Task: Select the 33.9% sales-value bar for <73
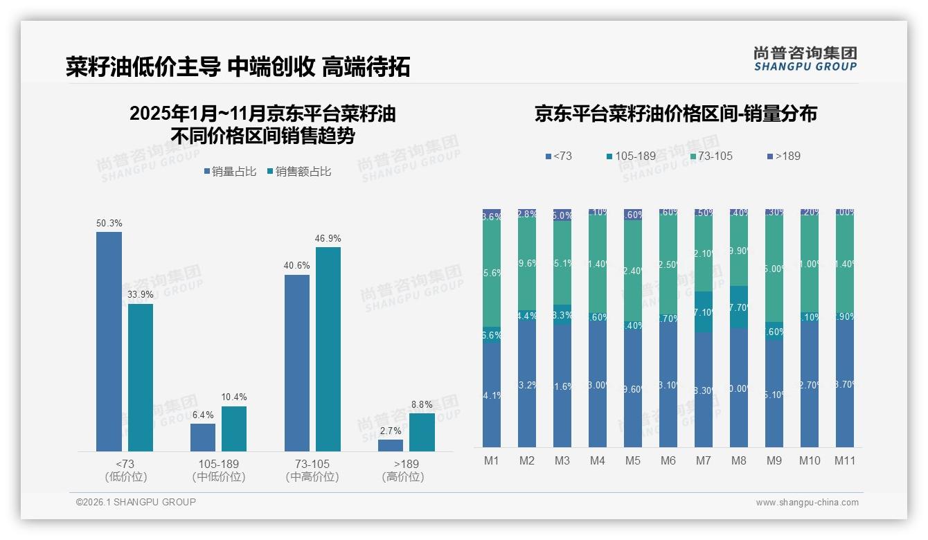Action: click(x=141, y=377)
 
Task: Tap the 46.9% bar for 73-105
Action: click(x=328, y=349)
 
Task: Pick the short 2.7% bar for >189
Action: click(x=391, y=445)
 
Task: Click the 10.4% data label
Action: click(x=234, y=397)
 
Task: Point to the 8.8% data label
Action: click(x=422, y=404)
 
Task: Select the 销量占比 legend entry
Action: click(x=230, y=172)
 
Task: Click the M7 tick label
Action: click(x=704, y=460)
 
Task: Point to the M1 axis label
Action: click(x=492, y=460)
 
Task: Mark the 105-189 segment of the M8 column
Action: click(x=739, y=307)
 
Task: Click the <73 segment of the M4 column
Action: click(x=598, y=385)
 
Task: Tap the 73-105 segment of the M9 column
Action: click(x=774, y=269)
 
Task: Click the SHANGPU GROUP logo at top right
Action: click(x=805, y=59)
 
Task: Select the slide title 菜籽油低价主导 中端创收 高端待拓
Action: click(x=238, y=66)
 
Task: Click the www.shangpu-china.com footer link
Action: click(x=807, y=503)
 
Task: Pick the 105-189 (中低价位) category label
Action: click(x=219, y=470)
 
